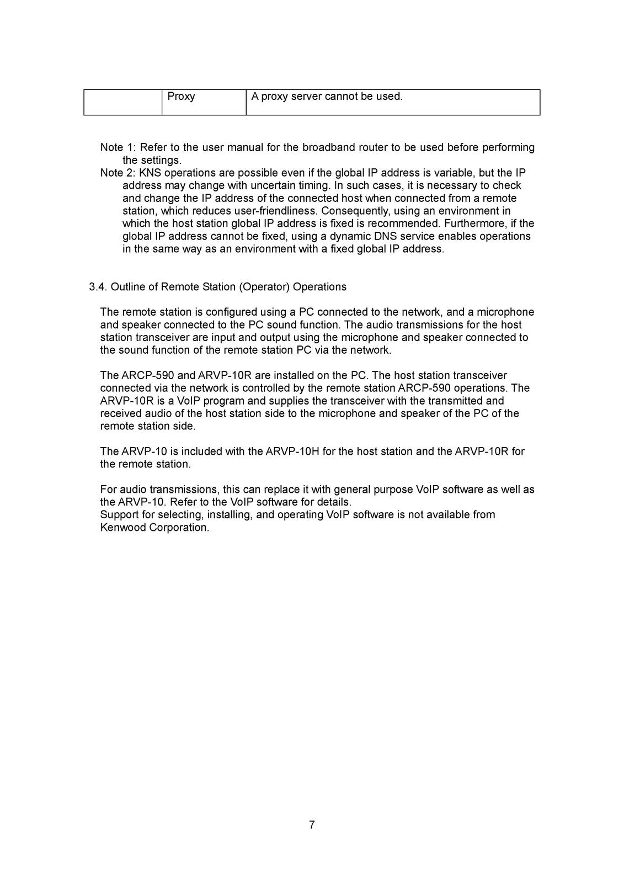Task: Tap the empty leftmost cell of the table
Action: point(122,102)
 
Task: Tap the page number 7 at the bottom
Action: point(312,825)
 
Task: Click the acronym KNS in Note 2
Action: point(151,173)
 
